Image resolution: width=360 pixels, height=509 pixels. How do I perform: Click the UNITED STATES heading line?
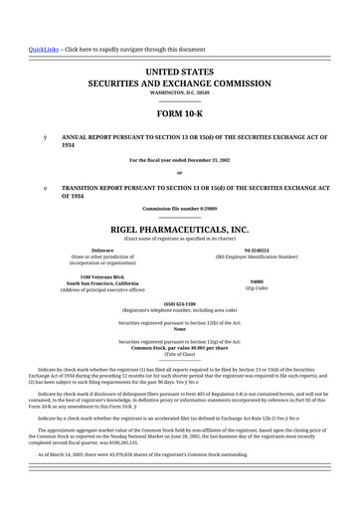pyautogui.click(x=179, y=73)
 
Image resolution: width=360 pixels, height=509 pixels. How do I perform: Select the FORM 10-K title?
pyautogui.click(x=179, y=112)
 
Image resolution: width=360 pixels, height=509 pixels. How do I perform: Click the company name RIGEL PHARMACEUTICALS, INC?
pyautogui.click(x=179, y=229)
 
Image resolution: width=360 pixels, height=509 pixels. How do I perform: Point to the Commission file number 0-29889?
pyautogui.click(x=179, y=208)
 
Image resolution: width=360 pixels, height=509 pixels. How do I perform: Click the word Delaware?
pyautogui.click(x=102, y=250)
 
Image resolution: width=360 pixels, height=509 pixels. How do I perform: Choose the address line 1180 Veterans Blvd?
pyautogui.click(x=102, y=275)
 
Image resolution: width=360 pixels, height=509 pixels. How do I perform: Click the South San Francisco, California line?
pyautogui.click(x=102, y=282)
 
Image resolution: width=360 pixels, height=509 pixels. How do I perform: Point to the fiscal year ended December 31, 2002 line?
pyautogui.click(x=179, y=159)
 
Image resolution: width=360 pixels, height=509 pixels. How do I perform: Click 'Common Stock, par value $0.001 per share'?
pyautogui.click(x=179, y=347)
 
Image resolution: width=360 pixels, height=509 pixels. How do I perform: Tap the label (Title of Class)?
pyautogui.click(x=179, y=354)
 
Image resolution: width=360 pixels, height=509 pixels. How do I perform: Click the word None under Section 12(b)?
pyautogui.click(x=179, y=330)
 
